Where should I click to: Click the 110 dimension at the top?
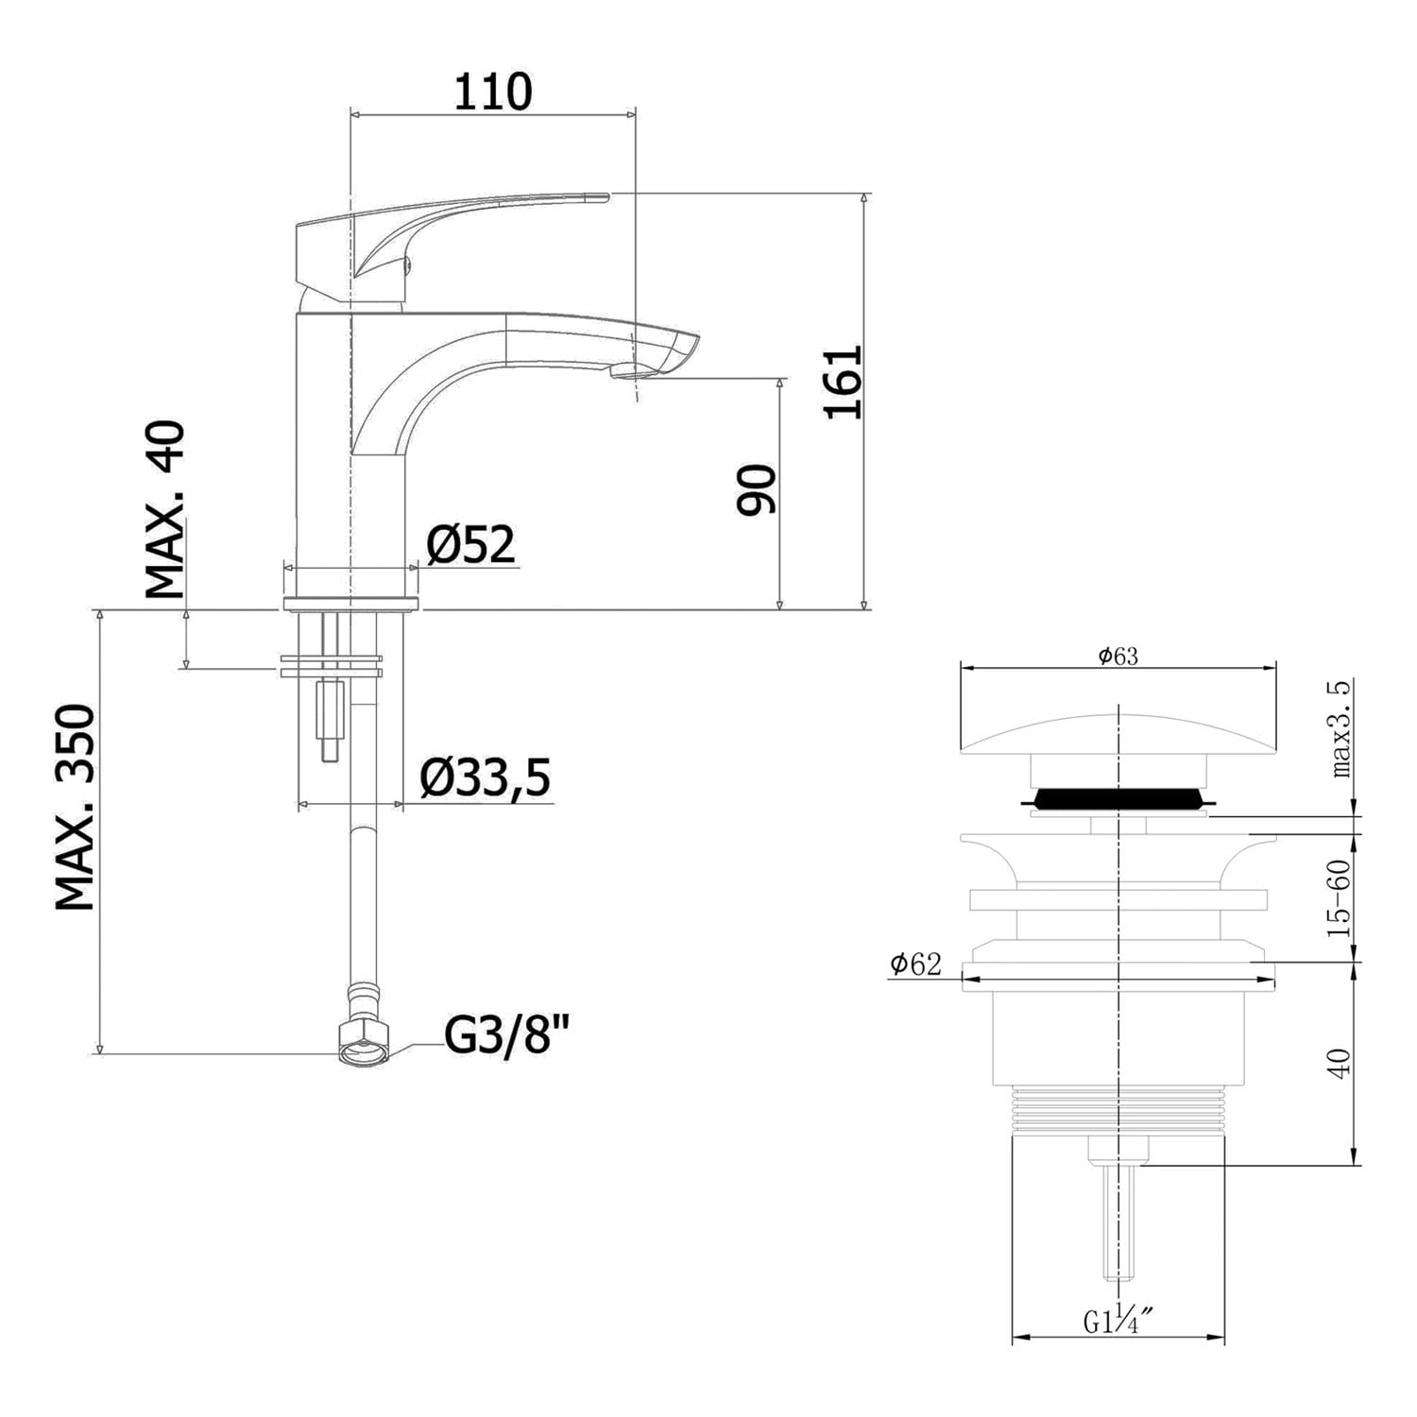493,92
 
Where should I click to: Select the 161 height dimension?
844,382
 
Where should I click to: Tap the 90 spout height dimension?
757,489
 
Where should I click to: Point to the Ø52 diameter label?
470,544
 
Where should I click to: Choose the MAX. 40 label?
165,511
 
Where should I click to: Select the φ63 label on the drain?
1118,657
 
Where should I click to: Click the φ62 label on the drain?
915,964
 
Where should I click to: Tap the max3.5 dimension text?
1341,729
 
